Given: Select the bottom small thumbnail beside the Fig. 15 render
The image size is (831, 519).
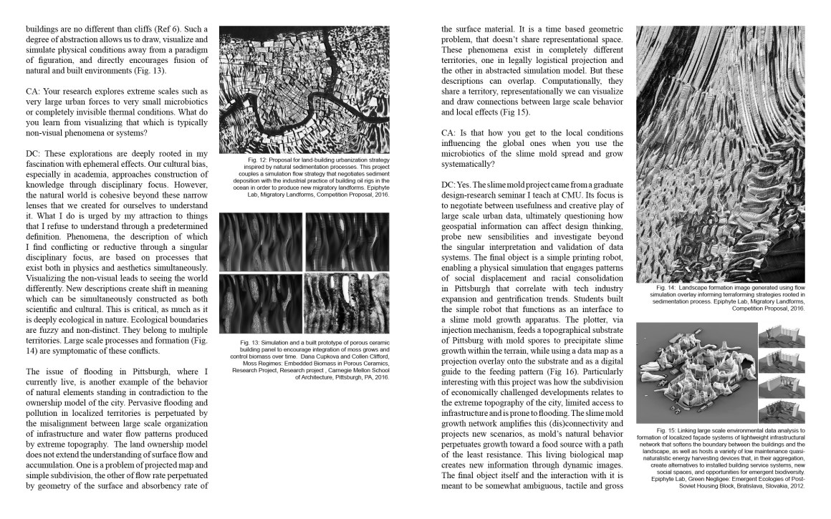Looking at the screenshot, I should tap(782, 412).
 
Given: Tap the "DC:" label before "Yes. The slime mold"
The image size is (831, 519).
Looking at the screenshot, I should tap(451, 185).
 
